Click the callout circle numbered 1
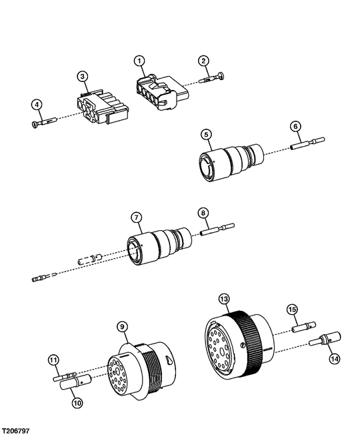[140, 61]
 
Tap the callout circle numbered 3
[83, 77]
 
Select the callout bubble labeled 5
[206, 135]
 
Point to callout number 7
[137, 218]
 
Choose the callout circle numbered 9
[122, 327]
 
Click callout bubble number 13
[224, 299]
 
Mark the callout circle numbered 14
[335, 359]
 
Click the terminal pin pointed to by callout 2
[212, 77]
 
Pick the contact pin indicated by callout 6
[307, 143]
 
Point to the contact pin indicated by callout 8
[217, 230]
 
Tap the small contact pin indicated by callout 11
[65, 377]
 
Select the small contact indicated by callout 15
[304, 326]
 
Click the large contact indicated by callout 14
[325, 340]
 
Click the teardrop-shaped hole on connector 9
[168, 360]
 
